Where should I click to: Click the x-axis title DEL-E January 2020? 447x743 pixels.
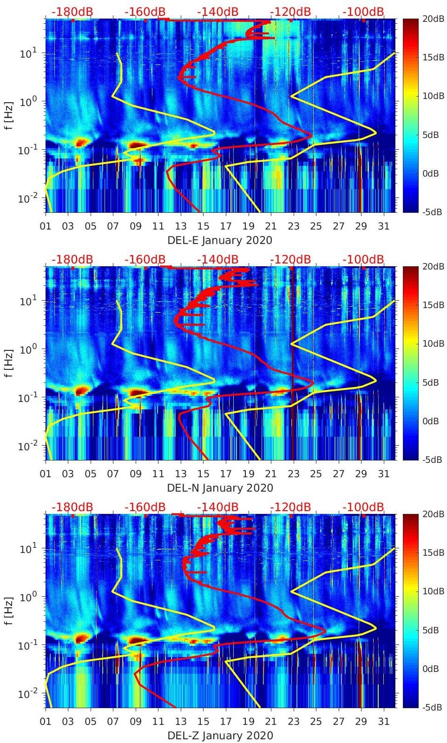[x=220, y=240]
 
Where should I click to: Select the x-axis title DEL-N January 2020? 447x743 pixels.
[x=220, y=488]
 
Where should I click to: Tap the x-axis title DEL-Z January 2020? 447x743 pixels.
[x=220, y=736]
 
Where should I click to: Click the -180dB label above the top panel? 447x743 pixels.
[x=72, y=12]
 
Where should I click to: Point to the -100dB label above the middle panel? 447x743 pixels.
[x=363, y=259]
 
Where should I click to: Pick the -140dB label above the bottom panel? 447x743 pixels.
[x=218, y=507]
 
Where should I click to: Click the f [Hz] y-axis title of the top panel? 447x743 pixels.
[x=9, y=115]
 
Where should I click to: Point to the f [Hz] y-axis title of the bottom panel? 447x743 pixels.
[x=9, y=611]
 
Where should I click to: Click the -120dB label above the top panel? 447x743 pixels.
[x=290, y=12]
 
